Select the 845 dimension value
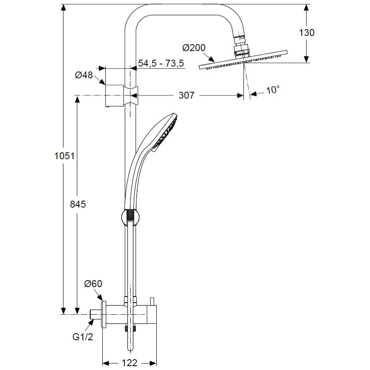78,204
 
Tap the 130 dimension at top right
306,32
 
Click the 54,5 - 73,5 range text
161,63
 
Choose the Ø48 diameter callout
84,75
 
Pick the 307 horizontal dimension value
187,95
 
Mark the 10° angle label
272,90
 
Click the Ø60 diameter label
93,284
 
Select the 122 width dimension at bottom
129,363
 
